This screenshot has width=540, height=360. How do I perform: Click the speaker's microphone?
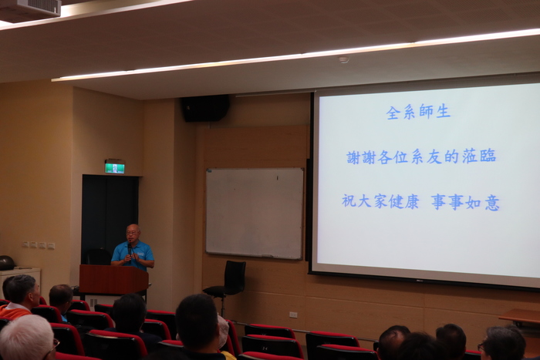(x=130, y=250)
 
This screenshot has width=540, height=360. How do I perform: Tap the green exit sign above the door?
(x=115, y=167)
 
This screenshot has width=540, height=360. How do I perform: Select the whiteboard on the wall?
(x=255, y=213)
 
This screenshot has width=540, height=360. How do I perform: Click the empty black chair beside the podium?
(x=227, y=281)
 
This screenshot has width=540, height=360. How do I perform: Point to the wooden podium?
(x=113, y=279)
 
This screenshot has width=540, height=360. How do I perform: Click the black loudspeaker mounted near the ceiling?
(x=205, y=108)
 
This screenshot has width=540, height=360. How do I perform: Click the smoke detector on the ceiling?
(x=344, y=60)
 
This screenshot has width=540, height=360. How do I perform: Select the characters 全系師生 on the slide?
(x=418, y=113)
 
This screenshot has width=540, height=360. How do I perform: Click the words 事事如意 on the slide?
(x=465, y=202)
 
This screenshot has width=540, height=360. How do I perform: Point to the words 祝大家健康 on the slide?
(x=380, y=201)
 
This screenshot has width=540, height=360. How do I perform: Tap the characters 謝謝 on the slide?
(x=360, y=157)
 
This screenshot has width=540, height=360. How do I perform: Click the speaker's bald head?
(x=133, y=229)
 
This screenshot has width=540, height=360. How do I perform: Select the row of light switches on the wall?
(x=39, y=245)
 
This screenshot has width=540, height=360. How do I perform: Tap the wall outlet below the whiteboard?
(x=293, y=315)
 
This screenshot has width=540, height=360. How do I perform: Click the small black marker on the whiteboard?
(x=277, y=178)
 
